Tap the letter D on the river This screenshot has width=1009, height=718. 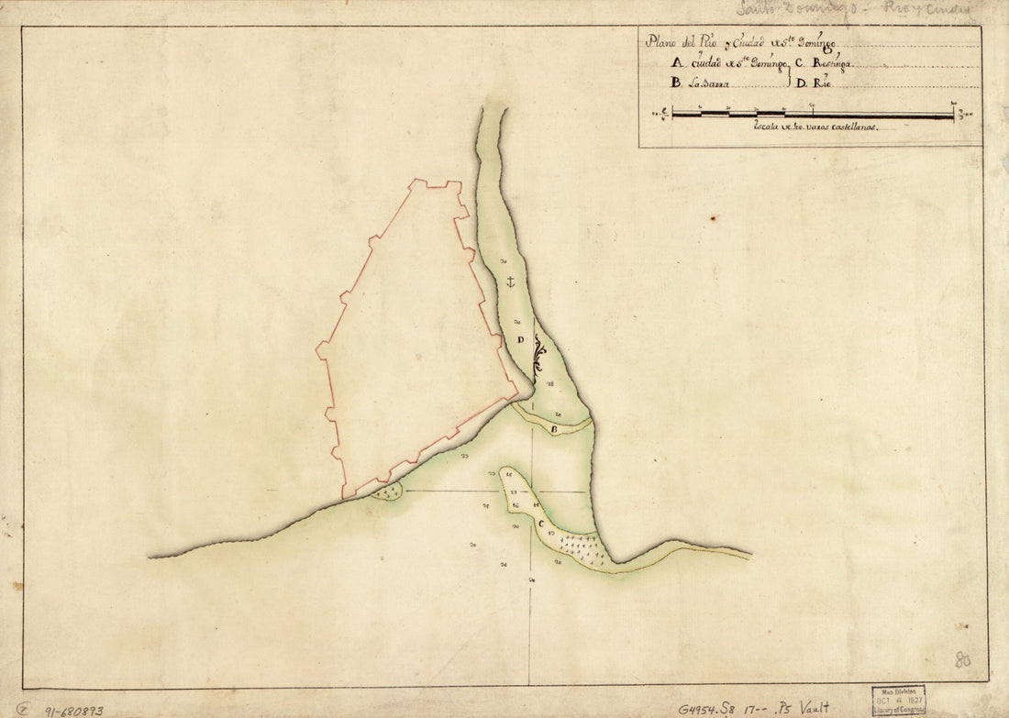tap(519, 340)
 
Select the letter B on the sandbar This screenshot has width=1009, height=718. tap(555, 427)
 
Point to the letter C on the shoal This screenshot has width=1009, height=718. tap(542, 525)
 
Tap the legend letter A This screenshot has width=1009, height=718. tap(677, 64)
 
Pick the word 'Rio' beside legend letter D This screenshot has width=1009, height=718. tap(820, 83)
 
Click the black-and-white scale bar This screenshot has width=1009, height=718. tap(812, 115)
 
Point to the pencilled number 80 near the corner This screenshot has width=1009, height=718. tap(963, 659)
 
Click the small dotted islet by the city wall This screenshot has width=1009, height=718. tap(388, 492)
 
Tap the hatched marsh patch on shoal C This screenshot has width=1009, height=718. tap(583, 547)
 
